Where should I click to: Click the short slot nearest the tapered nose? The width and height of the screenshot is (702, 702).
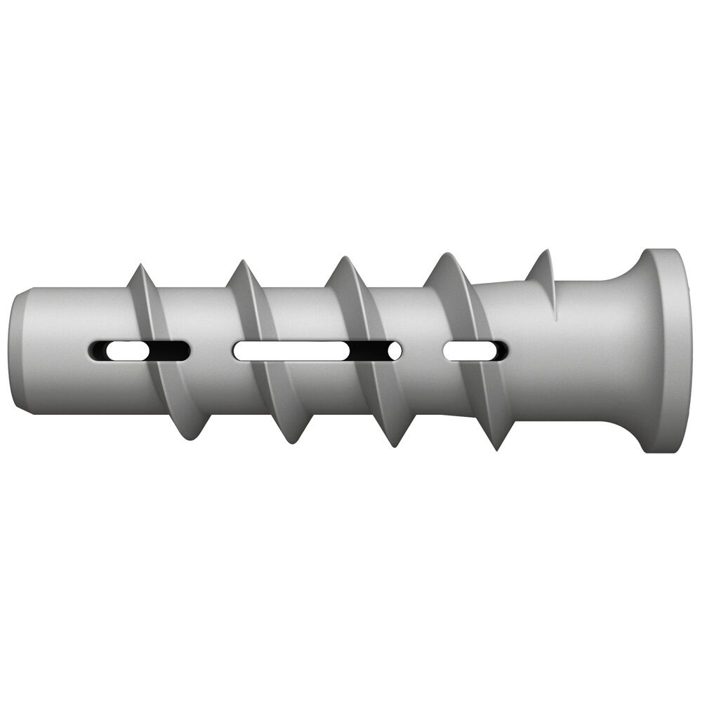[138, 350]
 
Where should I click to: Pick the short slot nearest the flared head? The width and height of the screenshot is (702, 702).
[476, 350]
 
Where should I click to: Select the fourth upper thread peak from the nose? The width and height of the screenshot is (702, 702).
[444, 259]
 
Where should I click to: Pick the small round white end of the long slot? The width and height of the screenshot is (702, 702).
[395, 350]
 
